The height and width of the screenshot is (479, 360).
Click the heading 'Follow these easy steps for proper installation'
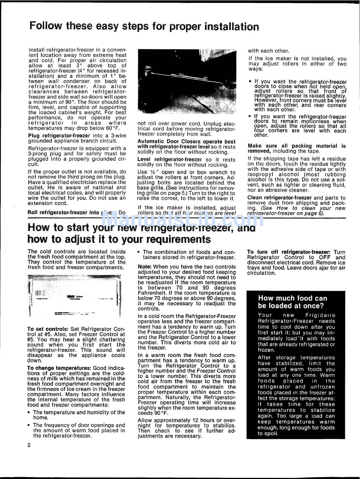(144, 27)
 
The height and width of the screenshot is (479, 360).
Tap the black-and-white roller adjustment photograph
(186, 82)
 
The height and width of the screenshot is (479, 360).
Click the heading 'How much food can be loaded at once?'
(292, 302)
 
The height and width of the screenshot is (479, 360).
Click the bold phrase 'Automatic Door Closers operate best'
(186, 142)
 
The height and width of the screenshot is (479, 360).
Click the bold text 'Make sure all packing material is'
(297, 146)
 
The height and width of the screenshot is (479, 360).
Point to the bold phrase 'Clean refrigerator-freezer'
(280, 198)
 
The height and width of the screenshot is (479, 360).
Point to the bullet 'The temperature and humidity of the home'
(79, 412)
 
